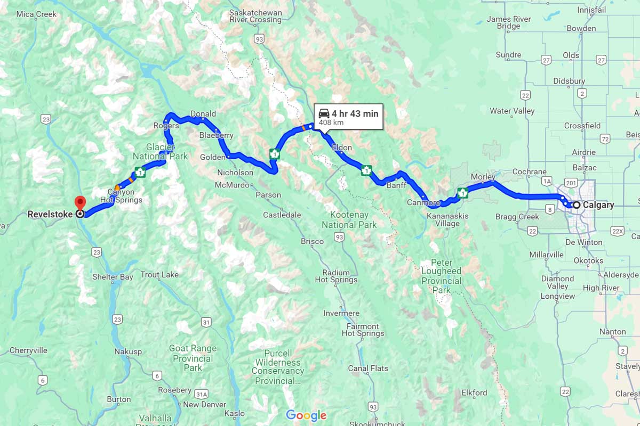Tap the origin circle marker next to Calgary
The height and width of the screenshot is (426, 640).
click(x=577, y=204)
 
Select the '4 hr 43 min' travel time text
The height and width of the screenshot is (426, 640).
click(x=355, y=113)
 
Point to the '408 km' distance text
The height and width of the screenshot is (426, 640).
click(x=331, y=123)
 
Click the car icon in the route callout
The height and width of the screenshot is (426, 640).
click(x=324, y=113)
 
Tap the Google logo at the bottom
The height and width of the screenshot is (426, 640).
click(x=306, y=415)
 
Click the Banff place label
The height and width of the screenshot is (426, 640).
click(x=396, y=185)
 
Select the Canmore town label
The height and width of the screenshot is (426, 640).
click(x=423, y=202)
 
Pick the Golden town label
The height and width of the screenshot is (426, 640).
click(x=213, y=157)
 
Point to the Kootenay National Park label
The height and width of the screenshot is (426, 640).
click(x=349, y=220)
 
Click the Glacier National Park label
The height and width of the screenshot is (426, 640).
click(x=160, y=152)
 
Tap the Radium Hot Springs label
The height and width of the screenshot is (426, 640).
click(x=336, y=276)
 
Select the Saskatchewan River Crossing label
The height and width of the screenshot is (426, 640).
click(x=255, y=16)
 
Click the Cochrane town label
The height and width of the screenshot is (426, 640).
click(x=529, y=171)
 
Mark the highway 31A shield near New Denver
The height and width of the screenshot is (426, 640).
click(x=201, y=394)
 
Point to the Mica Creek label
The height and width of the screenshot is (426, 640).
click(x=36, y=14)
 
